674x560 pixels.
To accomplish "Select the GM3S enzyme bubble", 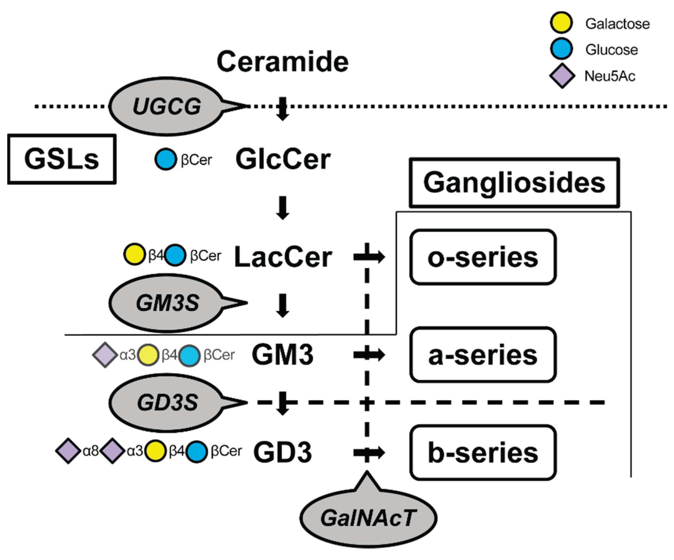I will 167,303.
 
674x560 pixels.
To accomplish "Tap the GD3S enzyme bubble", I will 167,402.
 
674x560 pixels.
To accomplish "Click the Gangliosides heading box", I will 514,183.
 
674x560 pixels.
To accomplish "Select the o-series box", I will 483,257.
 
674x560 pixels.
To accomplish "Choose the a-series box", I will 483,355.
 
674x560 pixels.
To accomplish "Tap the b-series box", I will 483,453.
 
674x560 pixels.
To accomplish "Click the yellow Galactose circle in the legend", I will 561,23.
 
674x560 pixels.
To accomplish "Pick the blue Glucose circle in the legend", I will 561,49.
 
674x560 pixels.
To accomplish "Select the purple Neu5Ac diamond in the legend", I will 562,76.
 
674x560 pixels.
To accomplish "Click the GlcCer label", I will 283,159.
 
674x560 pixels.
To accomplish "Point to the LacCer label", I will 283,257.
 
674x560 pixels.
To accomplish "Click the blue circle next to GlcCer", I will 166,159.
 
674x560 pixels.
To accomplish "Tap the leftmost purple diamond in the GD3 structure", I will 68,451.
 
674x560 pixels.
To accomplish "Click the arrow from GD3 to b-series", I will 369,453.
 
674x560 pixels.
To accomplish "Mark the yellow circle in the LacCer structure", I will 134,254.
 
